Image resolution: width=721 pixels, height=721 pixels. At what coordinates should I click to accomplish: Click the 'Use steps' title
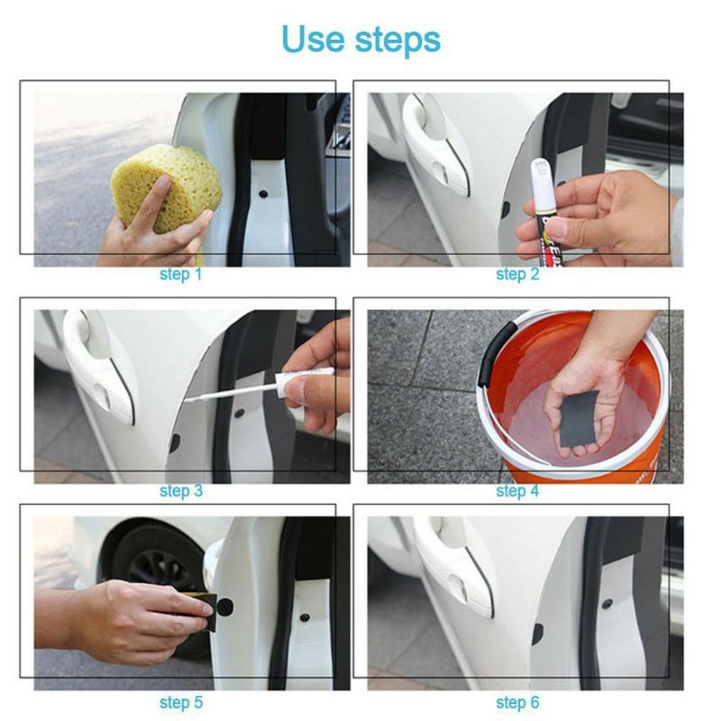tap(361, 41)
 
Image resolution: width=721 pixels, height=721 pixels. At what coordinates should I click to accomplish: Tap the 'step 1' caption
tap(181, 275)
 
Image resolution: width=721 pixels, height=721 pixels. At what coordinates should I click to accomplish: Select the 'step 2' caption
tap(517, 275)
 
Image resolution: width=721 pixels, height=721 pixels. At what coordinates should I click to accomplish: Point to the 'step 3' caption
tap(181, 491)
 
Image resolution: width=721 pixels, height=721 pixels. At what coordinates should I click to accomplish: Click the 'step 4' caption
tap(517, 491)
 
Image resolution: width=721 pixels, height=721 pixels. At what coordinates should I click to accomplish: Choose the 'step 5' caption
tap(181, 703)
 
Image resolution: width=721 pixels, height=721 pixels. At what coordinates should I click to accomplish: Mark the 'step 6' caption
tap(517, 703)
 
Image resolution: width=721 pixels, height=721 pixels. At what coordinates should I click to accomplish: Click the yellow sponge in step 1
tap(167, 187)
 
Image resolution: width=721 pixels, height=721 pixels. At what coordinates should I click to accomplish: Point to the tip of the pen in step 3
tap(187, 400)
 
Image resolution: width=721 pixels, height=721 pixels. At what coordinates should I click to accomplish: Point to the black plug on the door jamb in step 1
tap(263, 194)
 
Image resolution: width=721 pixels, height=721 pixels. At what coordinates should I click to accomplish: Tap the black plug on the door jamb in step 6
tap(607, 603)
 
